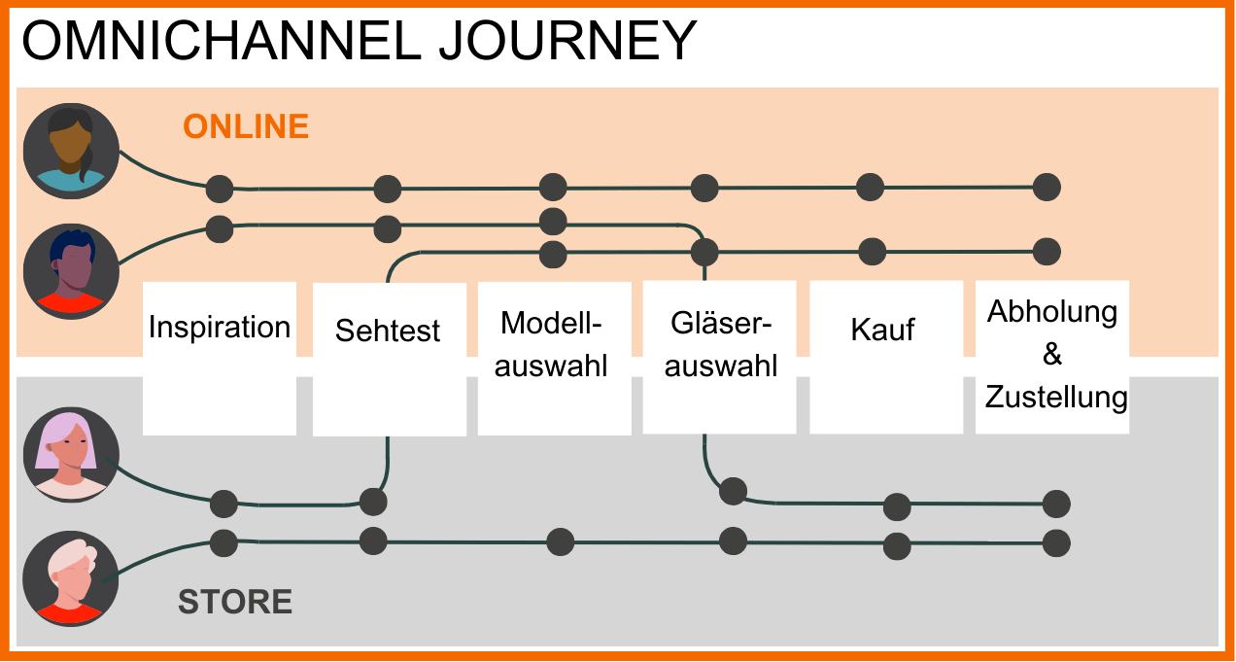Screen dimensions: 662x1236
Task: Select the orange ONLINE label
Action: point(246,127)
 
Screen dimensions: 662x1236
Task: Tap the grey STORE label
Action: point(235,603)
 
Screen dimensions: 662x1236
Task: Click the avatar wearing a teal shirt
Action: point(70,151)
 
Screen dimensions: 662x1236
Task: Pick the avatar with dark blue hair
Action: point(70,271)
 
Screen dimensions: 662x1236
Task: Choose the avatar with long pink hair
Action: point(70,455)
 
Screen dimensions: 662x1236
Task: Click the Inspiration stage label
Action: point(220,328)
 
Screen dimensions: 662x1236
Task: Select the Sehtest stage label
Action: point(388,331)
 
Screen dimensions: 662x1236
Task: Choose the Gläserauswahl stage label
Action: point(724,344)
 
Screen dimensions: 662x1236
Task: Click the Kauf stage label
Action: point(882,330)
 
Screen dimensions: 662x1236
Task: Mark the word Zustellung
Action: point(1056,398)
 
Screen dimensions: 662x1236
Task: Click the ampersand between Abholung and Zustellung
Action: point(1052,355)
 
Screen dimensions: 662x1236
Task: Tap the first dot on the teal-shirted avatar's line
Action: point(220,188)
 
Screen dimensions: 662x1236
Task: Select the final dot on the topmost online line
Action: point(1047,187)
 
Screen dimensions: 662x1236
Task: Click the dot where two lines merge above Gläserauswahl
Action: point(704,253)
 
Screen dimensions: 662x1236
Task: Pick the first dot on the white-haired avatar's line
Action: point(223,542)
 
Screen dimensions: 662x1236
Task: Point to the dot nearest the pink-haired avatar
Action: point(223,504)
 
